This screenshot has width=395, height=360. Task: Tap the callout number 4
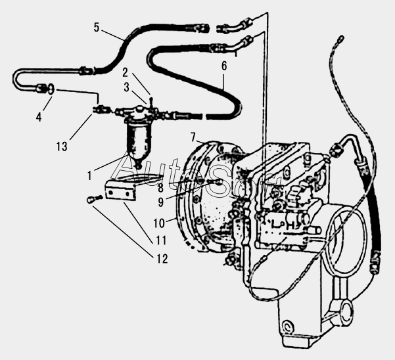38,118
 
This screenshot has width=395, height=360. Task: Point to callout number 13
61,146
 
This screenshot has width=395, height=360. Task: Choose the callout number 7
193,136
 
